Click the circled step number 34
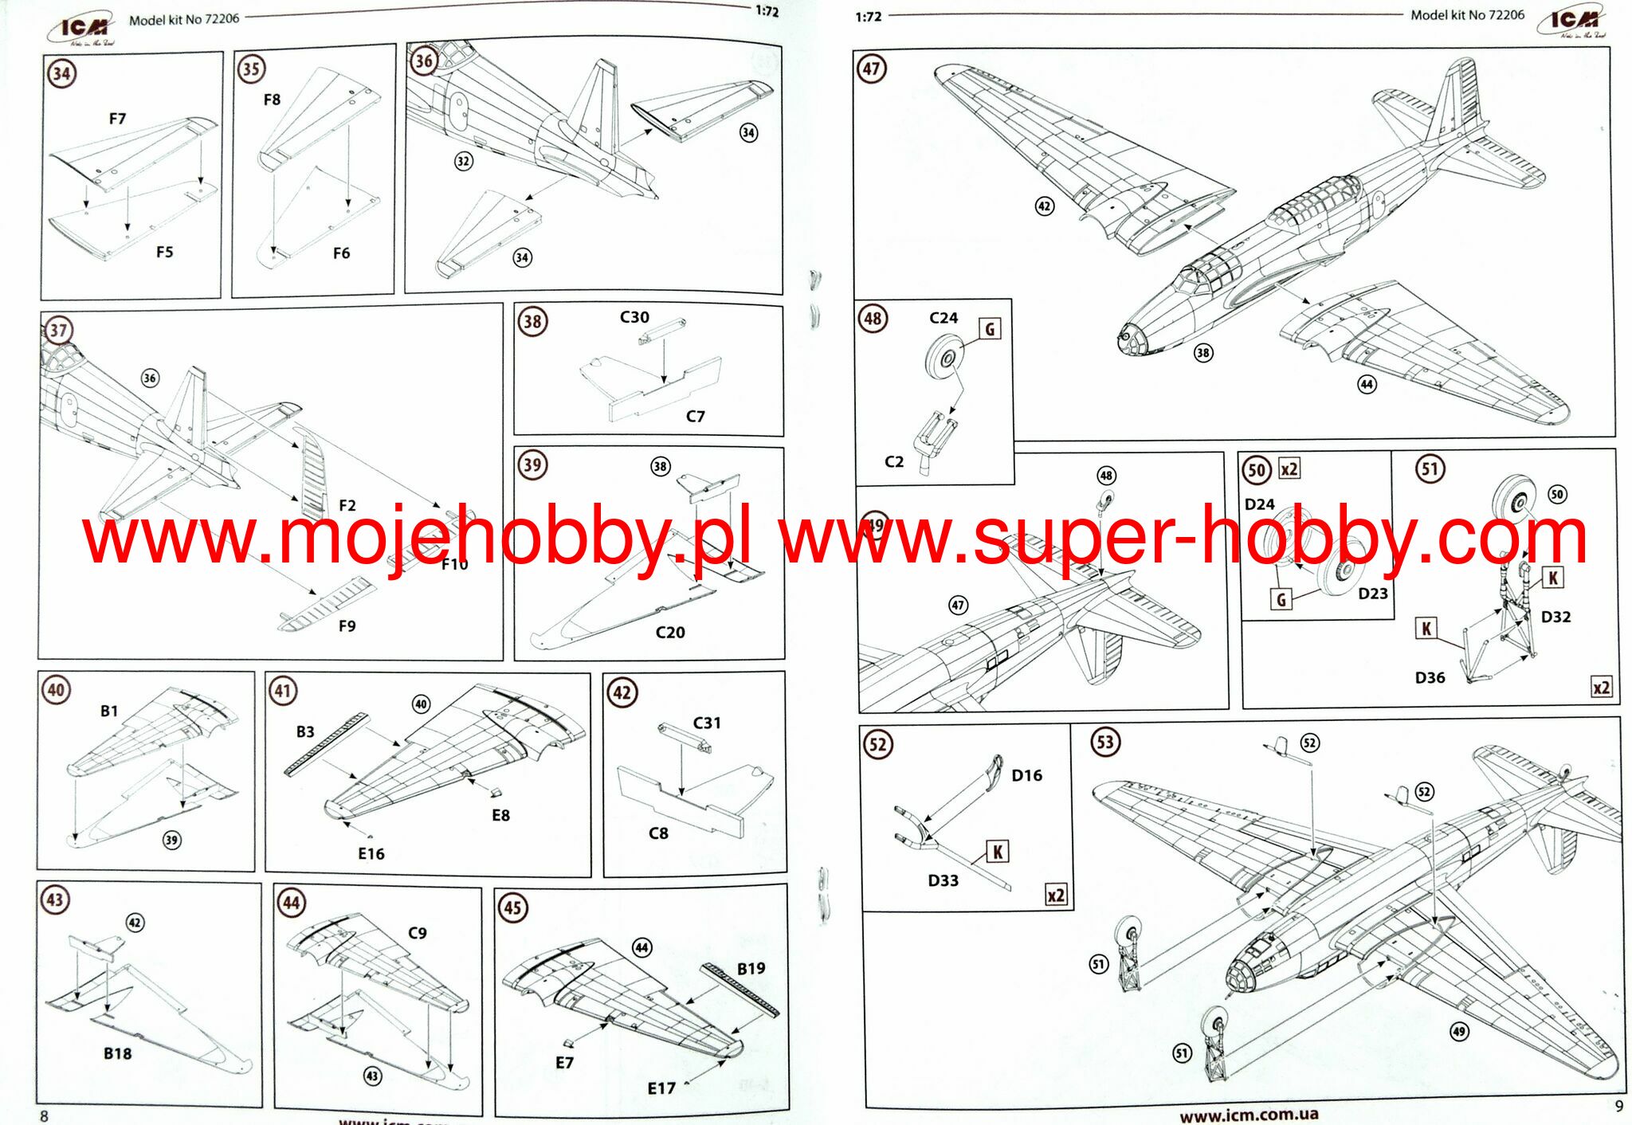[61, 74]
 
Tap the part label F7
[117, 119]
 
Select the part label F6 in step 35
[341, 253]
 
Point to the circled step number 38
[532, 322]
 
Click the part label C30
[634, 317]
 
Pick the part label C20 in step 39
[669, 633]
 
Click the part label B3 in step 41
[305, 731]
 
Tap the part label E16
[371, 854]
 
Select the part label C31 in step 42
[706, 723]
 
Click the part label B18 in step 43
[117, 1053]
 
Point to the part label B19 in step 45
[751, 969]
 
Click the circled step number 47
[871, 69]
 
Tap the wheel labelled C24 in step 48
[944, 356]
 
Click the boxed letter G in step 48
[990, 328]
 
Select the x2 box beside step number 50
[1289, 468]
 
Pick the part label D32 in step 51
[1555, 617]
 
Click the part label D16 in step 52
[1026, 775]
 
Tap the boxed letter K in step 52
[997, 853]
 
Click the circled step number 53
[1104, 743]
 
